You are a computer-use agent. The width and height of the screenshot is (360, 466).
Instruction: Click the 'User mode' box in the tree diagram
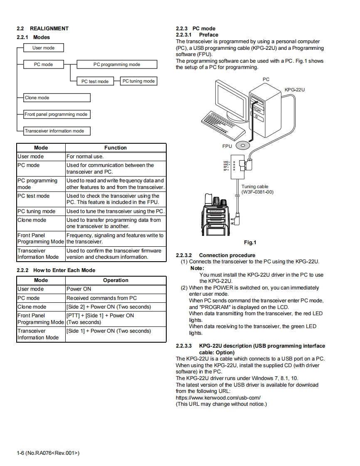44,48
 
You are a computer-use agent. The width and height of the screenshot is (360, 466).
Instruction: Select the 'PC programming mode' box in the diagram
117,64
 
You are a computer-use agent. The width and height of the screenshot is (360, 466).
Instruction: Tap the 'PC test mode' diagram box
95,81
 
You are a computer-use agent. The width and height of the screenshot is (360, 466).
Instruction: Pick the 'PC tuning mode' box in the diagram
138,81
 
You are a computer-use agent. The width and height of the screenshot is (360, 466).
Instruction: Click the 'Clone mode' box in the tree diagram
57,98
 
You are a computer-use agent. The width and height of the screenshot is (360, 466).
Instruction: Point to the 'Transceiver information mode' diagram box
57,131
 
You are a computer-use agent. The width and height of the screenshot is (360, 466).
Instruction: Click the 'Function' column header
116,148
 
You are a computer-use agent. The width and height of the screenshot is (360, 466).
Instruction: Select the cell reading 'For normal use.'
85,157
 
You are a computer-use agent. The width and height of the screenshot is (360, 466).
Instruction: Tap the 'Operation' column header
116,280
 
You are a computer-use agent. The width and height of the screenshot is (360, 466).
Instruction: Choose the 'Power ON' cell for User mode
79,289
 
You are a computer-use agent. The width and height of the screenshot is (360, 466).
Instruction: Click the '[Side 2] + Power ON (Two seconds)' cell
108,307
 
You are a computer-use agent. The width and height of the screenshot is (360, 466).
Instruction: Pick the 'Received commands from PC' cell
101,298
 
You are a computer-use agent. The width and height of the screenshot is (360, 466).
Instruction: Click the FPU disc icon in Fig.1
243,146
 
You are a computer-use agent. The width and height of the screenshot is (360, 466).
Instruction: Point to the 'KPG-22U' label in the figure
295,90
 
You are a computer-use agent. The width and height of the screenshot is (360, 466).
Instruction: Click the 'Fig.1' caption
250,243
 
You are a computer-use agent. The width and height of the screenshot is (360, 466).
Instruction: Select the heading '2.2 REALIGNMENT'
42,29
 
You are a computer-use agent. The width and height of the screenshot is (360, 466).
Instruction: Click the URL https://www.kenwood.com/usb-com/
218,397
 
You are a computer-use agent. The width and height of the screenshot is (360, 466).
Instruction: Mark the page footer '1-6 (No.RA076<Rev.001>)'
48,453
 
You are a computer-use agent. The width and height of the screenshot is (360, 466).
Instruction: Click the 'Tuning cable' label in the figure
255,187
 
